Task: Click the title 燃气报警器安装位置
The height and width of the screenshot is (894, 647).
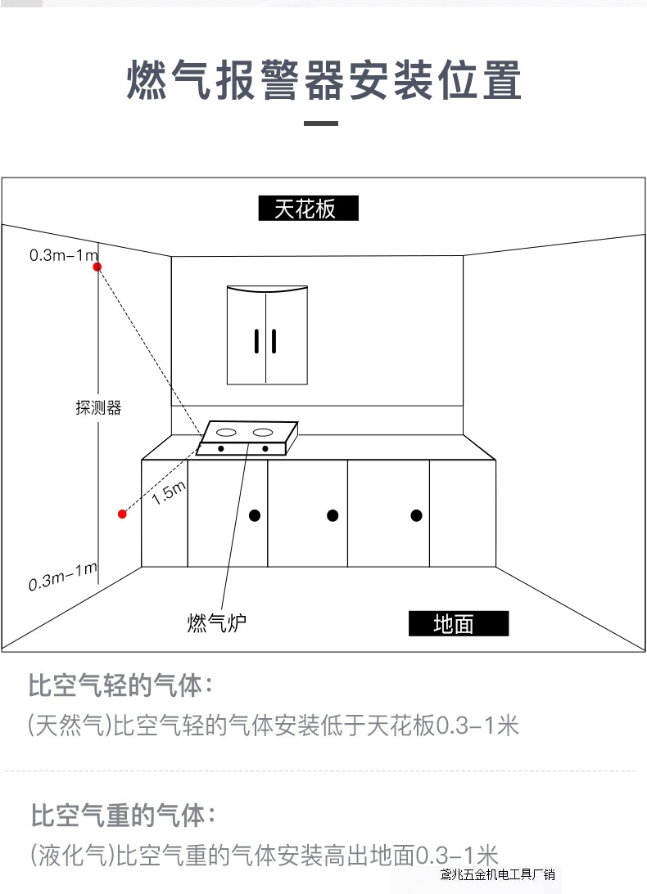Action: point(323,80)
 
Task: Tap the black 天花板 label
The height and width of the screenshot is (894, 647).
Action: point(308,209)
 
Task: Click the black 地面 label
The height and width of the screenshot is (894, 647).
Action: point(458,624)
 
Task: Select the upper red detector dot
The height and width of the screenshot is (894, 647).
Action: point(97,267)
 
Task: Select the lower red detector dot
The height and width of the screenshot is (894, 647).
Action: point(122,514)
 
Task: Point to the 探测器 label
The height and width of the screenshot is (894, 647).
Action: point(98,407)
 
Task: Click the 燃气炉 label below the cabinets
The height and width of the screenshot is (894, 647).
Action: point(216,622)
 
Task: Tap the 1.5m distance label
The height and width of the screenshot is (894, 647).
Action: point(170,493)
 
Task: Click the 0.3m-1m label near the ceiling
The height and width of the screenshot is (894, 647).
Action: point(63,255)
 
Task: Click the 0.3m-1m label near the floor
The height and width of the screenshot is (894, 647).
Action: point(63,577)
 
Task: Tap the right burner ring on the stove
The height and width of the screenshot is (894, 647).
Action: point(262,431)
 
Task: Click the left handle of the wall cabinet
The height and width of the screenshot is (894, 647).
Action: point(257,341)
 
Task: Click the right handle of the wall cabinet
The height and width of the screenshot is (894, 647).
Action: point(274,341)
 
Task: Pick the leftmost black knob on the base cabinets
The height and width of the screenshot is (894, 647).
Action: point(255,515)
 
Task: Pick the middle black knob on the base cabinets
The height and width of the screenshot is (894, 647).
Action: point(333,515)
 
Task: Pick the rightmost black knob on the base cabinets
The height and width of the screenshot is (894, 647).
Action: point(416,515)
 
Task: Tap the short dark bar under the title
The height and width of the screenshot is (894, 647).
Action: point(321,124)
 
